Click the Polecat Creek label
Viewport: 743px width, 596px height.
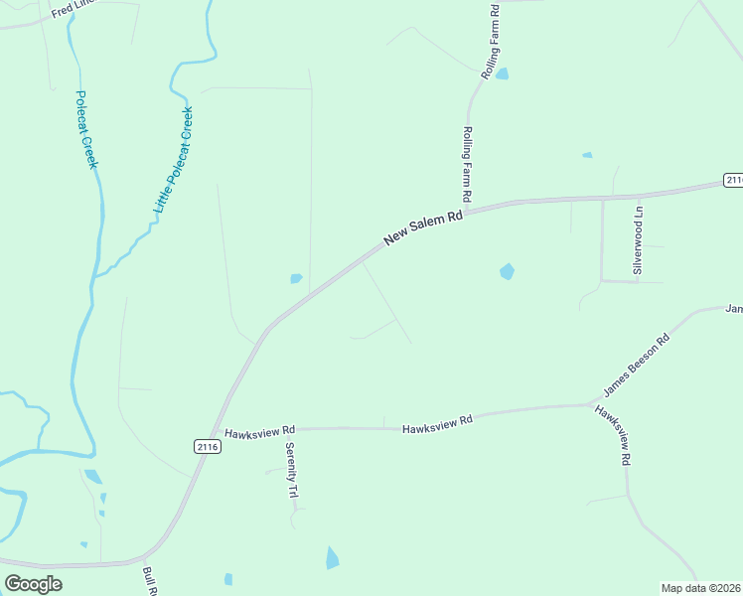[x=86, y=130]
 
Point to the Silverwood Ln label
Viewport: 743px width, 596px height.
[x=640, y=241]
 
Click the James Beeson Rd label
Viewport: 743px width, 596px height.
[x=637, y=366]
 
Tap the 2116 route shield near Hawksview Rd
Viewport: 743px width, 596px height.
[x=208, y=447]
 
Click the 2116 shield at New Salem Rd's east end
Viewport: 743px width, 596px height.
[x=733, y=180]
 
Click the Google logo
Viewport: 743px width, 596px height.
[x=33, y=583]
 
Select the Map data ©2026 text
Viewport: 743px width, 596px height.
[x=700, y=588]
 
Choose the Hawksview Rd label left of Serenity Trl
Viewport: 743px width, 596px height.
[x=260, y=432]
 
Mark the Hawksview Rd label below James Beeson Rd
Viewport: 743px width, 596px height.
[x=613, y=434]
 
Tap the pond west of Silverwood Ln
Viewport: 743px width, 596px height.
[x=507, y=271]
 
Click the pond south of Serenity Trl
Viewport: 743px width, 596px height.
[x=332, y=558]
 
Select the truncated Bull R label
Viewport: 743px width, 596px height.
[x=151, y=580]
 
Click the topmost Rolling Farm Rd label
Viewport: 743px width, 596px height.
[x=490, y=42]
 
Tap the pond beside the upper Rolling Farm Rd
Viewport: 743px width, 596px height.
[x=502, y=74]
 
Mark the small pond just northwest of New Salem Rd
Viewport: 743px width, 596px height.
[x=296, y=278]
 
